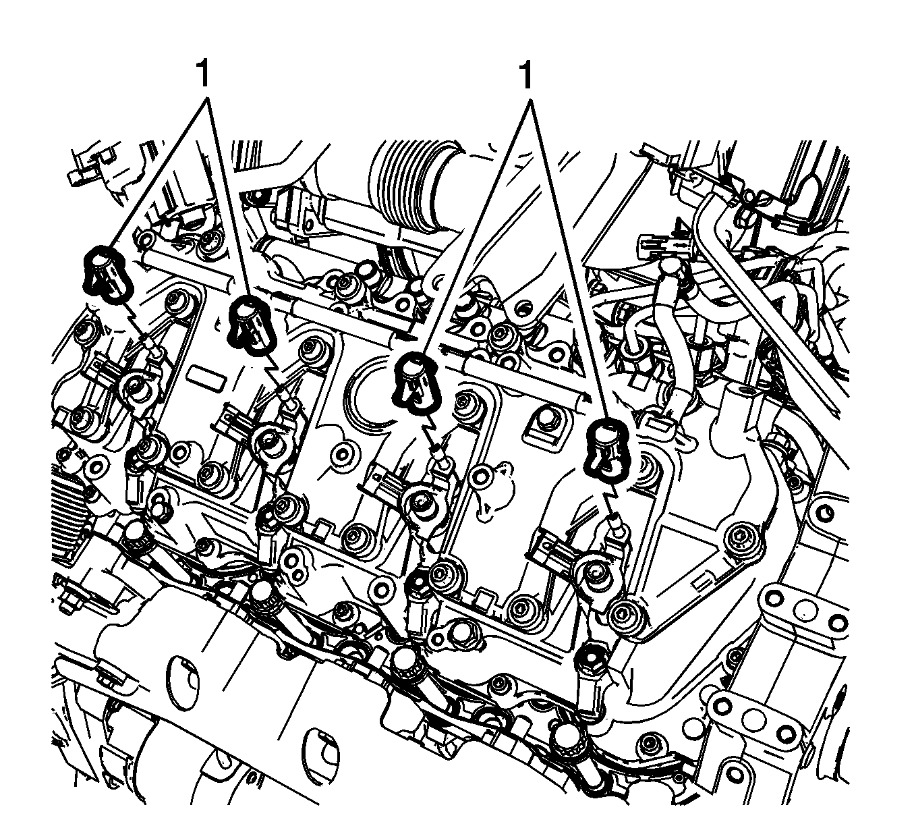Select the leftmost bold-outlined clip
(x=107, y=275)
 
